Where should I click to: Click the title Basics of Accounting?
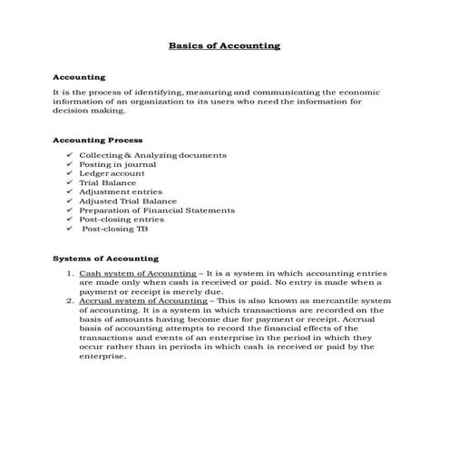coord(225,45)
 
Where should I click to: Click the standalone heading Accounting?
coord(80,78)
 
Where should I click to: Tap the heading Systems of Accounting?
coord(105,259)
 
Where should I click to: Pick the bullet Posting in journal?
coord(118,164)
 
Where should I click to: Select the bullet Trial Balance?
coord(108,182)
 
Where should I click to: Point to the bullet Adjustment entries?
coord(121,191)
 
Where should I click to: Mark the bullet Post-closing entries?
coord(122,219)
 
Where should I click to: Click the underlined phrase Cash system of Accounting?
coord(138,273)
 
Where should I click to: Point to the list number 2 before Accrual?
coord(70,300)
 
